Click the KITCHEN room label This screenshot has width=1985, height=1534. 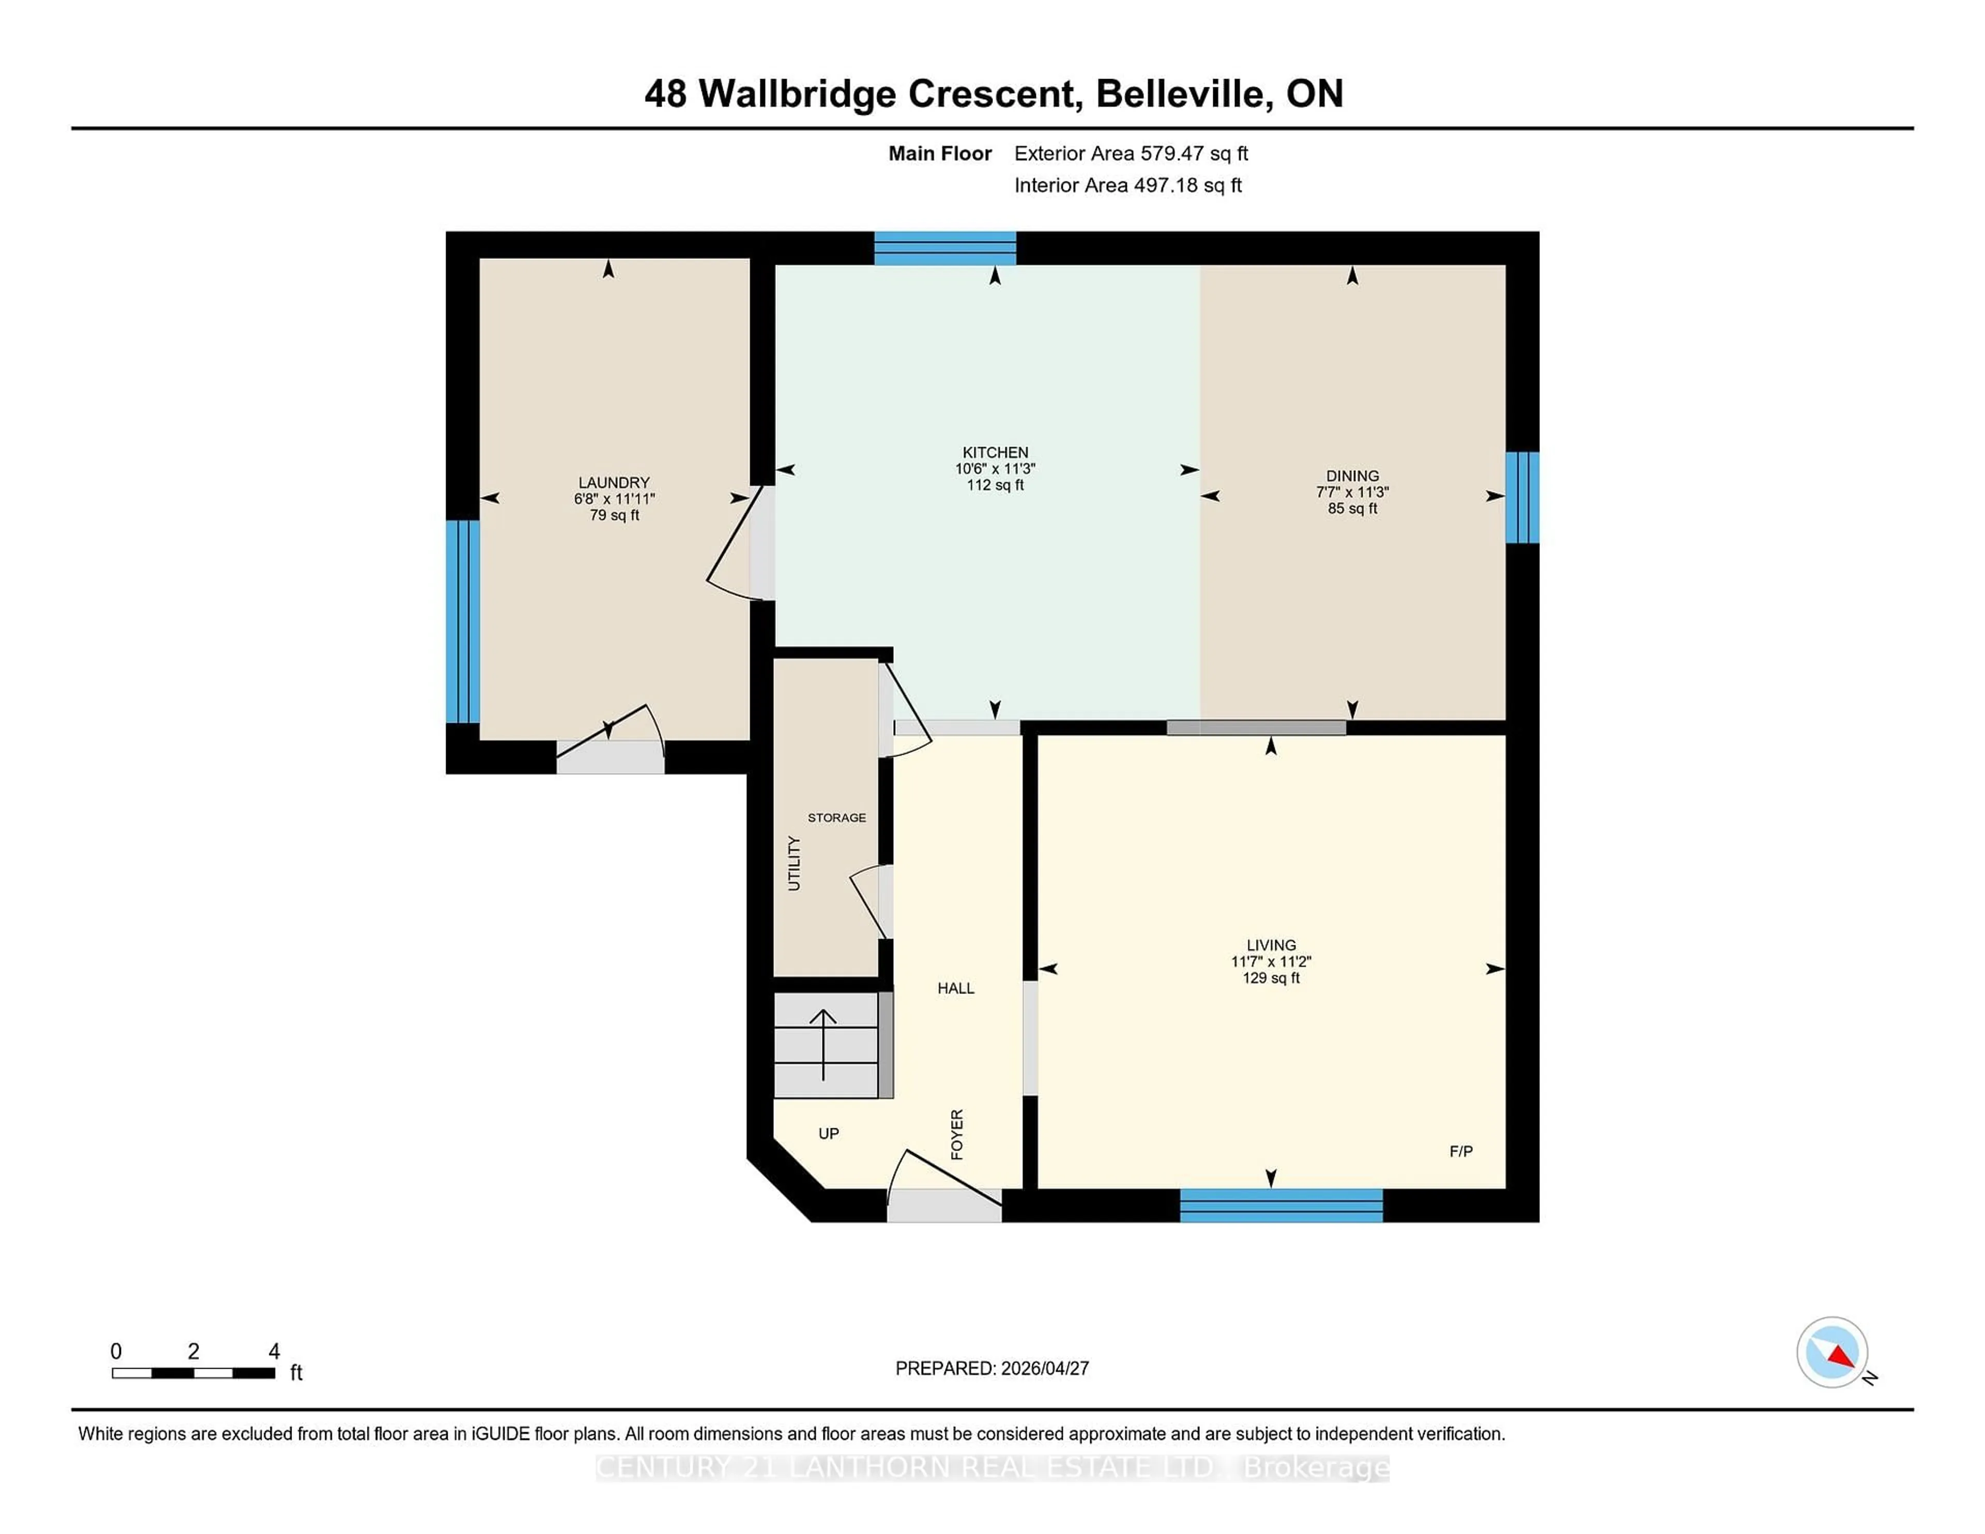tap(995, 452)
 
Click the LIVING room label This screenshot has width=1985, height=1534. tap(1271, 945)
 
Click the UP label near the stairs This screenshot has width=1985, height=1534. tap(828, 1133)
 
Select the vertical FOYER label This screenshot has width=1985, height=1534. tap(956, 1134)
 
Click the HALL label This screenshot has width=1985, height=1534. tap(955, 988)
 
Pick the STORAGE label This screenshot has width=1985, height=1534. tap(836, 818)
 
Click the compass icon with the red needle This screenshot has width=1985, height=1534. tap(1831, 1352)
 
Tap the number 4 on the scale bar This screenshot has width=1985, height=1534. tap(273, 1352)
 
